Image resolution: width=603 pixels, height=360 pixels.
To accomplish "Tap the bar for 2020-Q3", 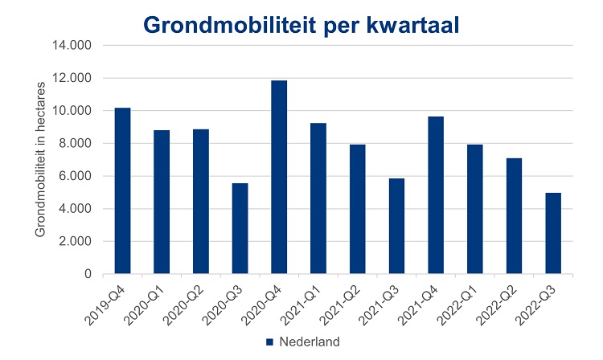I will coord(240,228).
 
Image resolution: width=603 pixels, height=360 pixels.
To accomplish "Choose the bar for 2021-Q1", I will coord(318,198).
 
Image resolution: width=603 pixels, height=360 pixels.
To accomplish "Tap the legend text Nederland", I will coord(310,342).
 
